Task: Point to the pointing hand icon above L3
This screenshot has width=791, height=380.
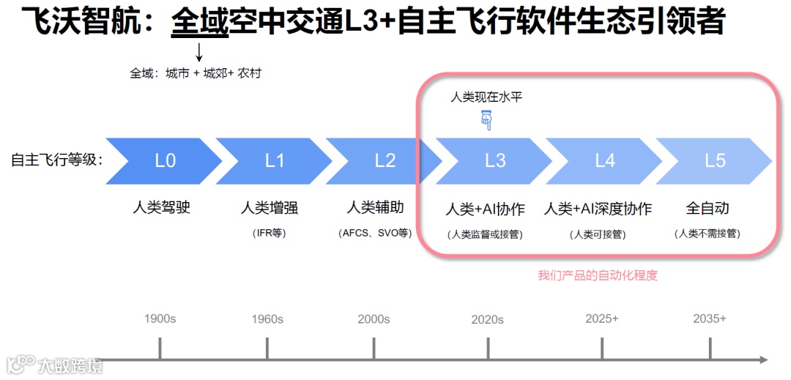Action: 486,119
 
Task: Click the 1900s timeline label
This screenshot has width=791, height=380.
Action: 160,319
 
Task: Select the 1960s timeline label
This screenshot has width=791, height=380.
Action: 267,319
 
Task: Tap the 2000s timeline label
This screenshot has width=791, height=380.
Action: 374,319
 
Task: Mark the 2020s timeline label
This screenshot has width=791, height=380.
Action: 487,319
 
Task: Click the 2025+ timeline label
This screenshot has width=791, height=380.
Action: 602,318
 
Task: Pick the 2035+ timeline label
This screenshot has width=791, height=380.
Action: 710,318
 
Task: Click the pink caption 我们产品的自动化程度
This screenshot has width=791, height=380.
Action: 598,275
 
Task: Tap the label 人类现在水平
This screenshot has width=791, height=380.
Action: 486,97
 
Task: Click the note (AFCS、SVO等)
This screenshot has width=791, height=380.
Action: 376,233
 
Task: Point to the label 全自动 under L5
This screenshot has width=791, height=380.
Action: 708,208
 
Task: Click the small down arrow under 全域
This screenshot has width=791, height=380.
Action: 198,52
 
